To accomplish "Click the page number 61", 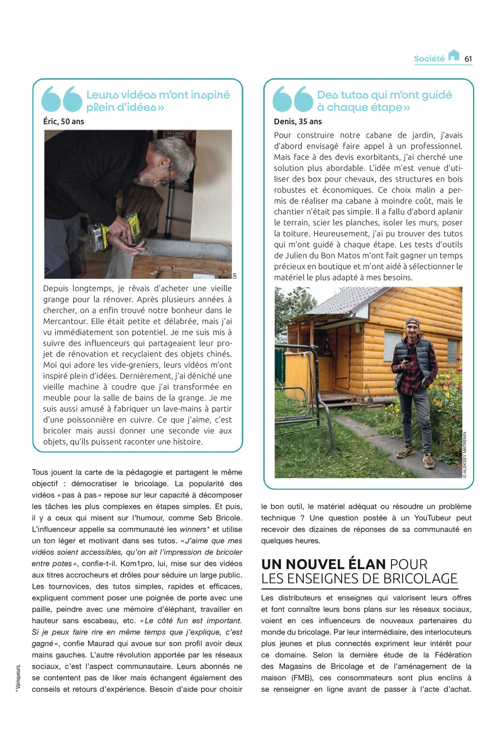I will [468, 59].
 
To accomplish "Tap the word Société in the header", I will [429, 59].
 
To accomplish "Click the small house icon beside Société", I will [453, 55].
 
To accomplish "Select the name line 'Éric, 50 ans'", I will [63, 122].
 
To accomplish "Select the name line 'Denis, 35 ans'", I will [297, 122].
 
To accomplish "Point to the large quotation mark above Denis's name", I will [293, 99].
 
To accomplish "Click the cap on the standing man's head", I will [412, 322].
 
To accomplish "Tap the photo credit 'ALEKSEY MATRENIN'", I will [465, 454].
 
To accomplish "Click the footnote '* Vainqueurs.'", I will [18, 678].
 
